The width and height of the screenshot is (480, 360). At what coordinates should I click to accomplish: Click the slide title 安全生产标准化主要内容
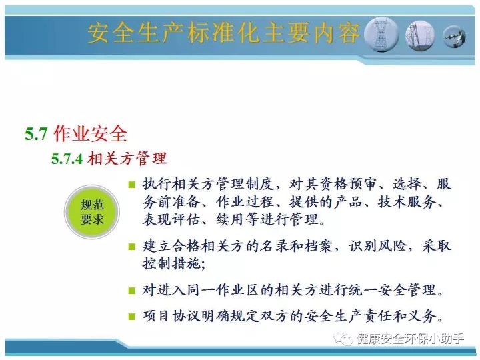tap(224, 33)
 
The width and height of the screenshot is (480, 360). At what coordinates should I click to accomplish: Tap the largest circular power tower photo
tap(381, 34)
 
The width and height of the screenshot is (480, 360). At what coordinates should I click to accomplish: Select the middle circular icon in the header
tap(420, 35)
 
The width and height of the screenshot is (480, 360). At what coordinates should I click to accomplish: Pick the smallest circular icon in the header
tap(454, 37)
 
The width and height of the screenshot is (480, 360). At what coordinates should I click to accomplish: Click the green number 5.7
tap(36, 134)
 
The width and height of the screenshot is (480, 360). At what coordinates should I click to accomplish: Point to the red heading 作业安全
tap(90, 134)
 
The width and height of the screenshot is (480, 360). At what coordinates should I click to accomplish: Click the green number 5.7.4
tap(67, 159)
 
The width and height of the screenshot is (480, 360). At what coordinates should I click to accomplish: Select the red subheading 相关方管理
tap(127, 158)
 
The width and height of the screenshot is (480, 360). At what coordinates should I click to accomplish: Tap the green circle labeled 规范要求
tap(92, 212)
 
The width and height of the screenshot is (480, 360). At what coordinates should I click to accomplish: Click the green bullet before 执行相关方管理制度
tap(132, 185)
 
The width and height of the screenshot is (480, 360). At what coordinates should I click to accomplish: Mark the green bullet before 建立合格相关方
tap(132, 247)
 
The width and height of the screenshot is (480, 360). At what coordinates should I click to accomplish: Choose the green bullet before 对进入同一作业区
tap(132, 290)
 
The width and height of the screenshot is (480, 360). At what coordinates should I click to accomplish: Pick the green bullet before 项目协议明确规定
tap(132, 316)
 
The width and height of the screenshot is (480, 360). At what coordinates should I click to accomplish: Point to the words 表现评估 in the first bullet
tap(171, 219)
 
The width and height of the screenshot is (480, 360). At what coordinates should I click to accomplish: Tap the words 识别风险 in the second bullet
tap(378, 246)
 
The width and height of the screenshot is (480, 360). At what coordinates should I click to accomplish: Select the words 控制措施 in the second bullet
tap(171, 263)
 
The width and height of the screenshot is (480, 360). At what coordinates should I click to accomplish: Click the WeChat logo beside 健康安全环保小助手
tap(343, 339)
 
